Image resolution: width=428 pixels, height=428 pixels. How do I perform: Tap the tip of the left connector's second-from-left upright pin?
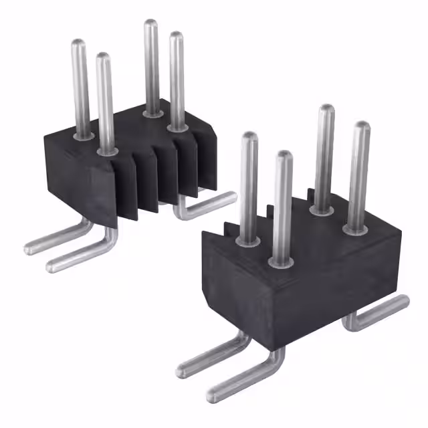pos(103,58)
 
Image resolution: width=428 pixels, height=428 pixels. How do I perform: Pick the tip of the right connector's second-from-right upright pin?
pos(326,110)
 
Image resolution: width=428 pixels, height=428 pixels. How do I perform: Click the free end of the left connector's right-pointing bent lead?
pos(231,197)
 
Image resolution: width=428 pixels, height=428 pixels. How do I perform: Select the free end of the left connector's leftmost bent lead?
pos(30,249)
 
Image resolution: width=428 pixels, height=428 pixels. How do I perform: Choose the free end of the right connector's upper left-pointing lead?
pos(182,368)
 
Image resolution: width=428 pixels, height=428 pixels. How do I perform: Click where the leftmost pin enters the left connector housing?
pos(84,136)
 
